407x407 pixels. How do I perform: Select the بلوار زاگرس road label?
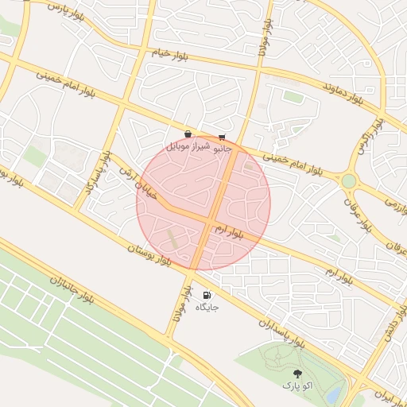370,136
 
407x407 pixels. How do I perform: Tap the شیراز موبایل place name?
188,147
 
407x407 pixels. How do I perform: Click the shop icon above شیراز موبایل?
188,134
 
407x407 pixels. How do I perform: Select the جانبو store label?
222,148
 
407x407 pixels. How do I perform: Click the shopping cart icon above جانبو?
222,137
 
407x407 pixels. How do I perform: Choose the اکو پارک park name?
297,386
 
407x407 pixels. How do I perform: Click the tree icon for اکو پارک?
297,373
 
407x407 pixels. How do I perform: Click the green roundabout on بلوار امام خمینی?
348,180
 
